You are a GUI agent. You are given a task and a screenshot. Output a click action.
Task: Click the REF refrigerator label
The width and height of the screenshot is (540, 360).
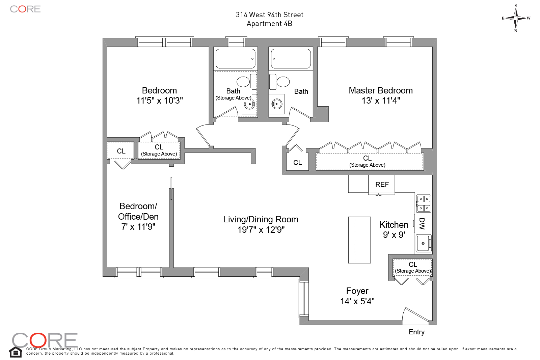(x=382, y=185)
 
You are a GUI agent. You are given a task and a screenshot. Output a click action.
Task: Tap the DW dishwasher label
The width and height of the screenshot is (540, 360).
(x=422, y=223)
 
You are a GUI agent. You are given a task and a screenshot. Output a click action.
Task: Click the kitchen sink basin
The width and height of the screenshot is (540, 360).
(x=423, y=243)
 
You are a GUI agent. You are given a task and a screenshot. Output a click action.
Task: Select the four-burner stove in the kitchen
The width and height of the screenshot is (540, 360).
(x=424, y=203)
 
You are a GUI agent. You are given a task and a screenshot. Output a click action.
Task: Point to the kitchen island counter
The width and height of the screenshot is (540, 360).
(x=359, y=240)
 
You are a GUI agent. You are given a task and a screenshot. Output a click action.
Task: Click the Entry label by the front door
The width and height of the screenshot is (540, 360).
(x=416, y=332)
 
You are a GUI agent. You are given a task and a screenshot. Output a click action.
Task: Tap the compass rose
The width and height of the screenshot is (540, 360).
(x=515, y=18)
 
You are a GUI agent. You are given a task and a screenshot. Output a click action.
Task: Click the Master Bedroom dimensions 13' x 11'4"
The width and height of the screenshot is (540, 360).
(x=381, y=101)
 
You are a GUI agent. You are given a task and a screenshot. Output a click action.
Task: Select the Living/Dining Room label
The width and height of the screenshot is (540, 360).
(x=261, y=219)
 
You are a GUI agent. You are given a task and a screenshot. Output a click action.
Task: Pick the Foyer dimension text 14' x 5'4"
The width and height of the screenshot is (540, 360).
(x=357, y=301)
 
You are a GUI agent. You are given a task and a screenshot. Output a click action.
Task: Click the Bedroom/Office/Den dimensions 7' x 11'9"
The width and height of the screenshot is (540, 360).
(x=138, y=227)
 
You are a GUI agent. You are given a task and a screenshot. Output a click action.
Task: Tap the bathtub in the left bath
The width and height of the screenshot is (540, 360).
(x=235, y=59)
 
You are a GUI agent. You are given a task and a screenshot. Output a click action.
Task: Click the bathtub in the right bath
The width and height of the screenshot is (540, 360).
(x=291, y=59)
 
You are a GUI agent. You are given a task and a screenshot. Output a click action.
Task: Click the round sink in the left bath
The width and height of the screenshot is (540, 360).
(x=249, y=104)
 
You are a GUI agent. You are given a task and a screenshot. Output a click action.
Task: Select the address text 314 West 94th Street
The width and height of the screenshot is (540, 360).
(x=269, y=15)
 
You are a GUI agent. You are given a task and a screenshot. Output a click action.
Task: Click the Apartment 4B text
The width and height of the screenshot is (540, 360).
(x=269, y=24)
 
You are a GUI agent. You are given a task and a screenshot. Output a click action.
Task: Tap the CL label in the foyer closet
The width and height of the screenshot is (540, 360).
(x=413, y=265)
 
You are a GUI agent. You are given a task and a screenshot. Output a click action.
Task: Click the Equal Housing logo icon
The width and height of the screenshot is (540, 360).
(x=16, y=352)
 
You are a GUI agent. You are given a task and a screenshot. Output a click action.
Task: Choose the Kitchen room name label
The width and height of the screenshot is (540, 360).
(x=394, y=225)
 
